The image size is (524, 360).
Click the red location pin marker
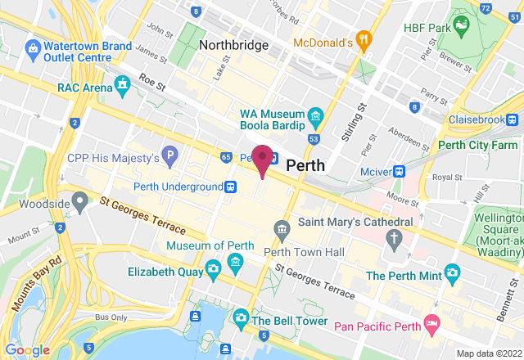(263, 158)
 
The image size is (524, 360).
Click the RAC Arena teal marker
(123, 83)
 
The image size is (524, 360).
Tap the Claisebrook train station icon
(513, 119)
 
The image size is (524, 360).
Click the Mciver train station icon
(400, 172)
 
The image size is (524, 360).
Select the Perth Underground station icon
(232, 187)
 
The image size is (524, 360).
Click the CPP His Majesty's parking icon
(169, 155)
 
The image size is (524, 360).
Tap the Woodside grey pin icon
(79, 200)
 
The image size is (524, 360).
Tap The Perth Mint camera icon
(452, 271)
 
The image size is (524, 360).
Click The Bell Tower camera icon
(241, 316)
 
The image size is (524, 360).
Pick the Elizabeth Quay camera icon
(212, 268)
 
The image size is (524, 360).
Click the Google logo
(27, 349)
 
